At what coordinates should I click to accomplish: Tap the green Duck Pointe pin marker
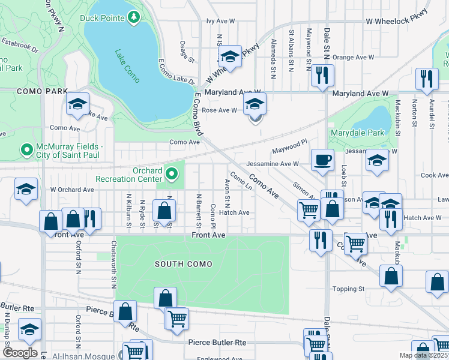point(134,18)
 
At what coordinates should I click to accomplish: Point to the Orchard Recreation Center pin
point(172,175)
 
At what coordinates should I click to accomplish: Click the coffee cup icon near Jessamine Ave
point(322,160)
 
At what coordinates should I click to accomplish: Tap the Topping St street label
point(349,289)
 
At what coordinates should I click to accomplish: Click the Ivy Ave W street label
point(220,21)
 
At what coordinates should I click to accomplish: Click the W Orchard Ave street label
point(72,190)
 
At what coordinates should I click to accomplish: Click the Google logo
point(19,353)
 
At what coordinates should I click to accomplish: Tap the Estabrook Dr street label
point(19,43)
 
